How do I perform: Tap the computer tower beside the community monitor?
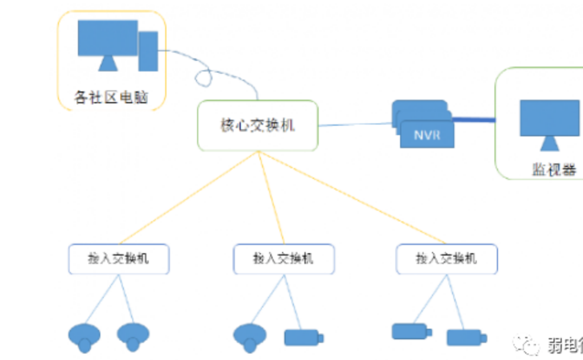(x=148, y=51)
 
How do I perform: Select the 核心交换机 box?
(x=257, y=125)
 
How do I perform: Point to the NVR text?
(x=426, y=136)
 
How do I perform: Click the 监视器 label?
(x=553, y=170)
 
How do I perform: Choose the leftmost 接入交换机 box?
(x=119, y=258)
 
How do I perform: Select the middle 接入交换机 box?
(x=284, y=258)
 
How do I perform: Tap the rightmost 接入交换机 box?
(x=447, y=258)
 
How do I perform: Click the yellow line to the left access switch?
(x=189, y=198)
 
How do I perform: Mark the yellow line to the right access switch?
(x=354, y=198)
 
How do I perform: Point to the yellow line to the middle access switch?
(x=271, y=198)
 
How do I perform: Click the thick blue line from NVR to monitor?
(x=474, y=120)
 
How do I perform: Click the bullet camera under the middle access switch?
(x=303, y=338)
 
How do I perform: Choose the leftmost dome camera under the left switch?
(x=84, y=336)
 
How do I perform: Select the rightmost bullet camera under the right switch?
(x=466, y=338)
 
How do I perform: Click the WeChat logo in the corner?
(x=525, y=343)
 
